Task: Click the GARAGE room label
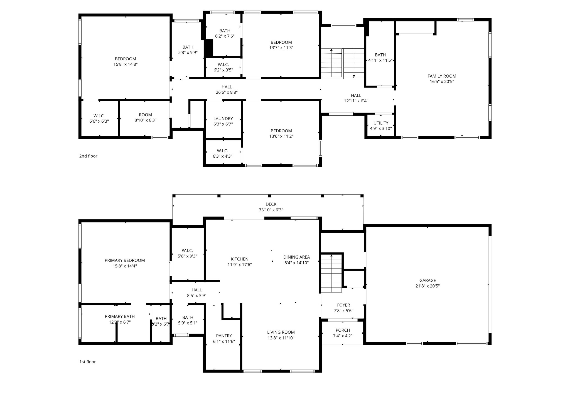pyautogui.click(x=427, y=280)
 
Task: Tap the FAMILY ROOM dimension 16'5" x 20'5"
pyautogui.click(x=442, y=81)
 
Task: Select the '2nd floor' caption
pyautogui.click(x=88, y=156)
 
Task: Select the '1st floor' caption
pyautogui.click(x=87, y=362)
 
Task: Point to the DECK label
pyautogui.click(x=271, y=204)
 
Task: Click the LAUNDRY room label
pyautogui.click(x=223, y=118)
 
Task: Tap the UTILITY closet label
pyautogui.click(x=381, y=123)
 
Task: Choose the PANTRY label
pyautogui.click(x=224, y=336)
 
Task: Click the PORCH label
pyautogui.click(x=343, y=330)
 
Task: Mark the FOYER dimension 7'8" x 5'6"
pyautogui.click(x=343, y=311)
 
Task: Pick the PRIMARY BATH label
pyautogui.click(x=120, y=316)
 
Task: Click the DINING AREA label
pyautogui.click(x=296, y=257)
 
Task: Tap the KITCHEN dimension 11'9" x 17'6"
pyautogui.click(x=239, y=264)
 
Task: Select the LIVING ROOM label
pyautogui.click(x=281, y=332)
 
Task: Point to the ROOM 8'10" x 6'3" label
pyautogui.click(x=145, y=115)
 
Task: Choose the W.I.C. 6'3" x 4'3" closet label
pyautogui.click(x=222, y=151)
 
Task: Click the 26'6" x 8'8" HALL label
pyautogui.click(x=227, y=87)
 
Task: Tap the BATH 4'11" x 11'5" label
pyautogui.click(x=380, y=55)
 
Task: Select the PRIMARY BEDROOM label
pyautogui.click(x=125, y=260)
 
